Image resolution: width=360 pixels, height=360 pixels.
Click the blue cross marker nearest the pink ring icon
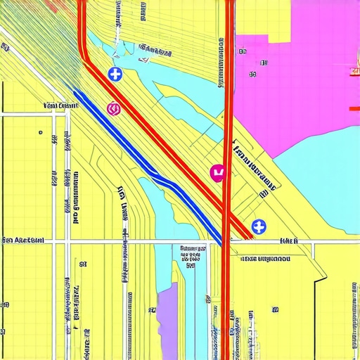tap(115, 73)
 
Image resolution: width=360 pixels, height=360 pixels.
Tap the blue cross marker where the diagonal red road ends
tap(259, 226)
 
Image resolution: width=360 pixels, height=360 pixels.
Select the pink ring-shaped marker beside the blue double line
tap(113, 108)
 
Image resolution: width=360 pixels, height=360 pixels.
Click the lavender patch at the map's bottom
tap(168, 309)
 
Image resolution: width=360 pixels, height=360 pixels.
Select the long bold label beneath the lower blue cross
tap(265, 259)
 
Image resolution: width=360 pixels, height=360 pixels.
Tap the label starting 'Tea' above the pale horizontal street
tap(60, 105)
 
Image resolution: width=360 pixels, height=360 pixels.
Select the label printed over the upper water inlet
tap(156, 51)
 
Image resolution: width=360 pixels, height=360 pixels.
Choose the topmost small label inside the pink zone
tap(244, 51)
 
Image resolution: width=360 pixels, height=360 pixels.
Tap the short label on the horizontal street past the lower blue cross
tap(289, 240)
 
